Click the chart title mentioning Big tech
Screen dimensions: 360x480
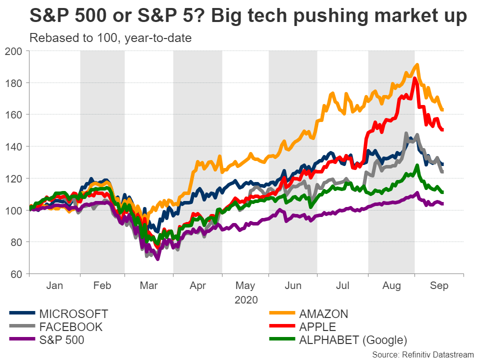click(x=248, y=16)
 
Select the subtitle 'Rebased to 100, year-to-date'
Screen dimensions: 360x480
click(x=110, y=38)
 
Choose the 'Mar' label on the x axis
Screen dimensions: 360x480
click(x=149, y=285)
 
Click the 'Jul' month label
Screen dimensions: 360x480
click(x=342, y=285)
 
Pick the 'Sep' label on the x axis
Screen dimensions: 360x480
click(x=439, y=285)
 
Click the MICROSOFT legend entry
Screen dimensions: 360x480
click(x=73, y=314)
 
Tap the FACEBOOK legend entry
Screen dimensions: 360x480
click(x=70, y=327)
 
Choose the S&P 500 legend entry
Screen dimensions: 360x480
click(x=61, y=340)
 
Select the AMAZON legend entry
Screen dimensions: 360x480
click(x=323, y=314)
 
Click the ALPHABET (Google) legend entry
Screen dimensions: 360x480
click(x=352, y=340)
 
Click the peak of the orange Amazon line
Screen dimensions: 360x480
click(x=416, y=65)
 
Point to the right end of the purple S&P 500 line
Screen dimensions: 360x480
click(x=442, y=203)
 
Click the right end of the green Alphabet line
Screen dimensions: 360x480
click(x=442, y=192)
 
